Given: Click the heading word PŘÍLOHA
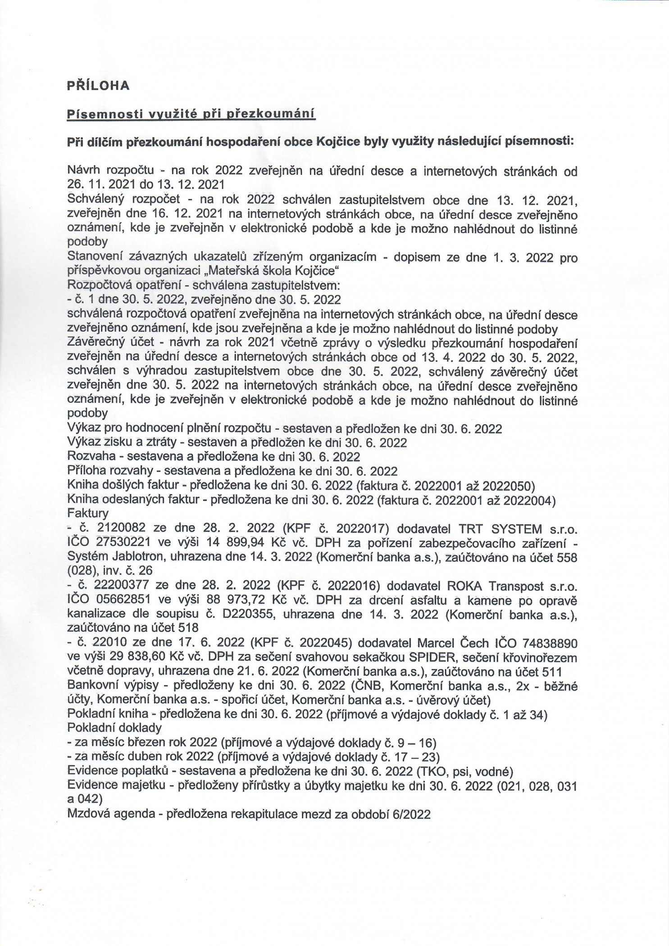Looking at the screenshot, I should (x=98, y=86).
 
